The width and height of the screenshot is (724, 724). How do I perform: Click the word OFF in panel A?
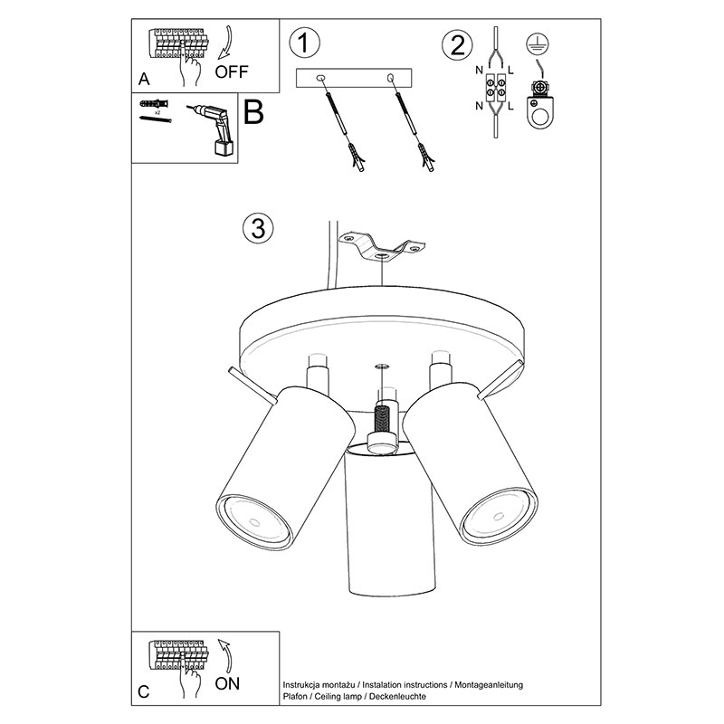coord(232,71)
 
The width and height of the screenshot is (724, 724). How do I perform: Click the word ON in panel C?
coord(227,683)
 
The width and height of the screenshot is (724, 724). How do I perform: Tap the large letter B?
coord(253,112)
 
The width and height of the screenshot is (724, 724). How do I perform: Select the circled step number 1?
coord(305,43)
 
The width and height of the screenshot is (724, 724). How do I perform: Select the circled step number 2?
coord(458,45)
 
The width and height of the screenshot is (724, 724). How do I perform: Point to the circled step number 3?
coord(258,228)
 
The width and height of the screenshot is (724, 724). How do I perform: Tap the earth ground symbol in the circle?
coord(538,44)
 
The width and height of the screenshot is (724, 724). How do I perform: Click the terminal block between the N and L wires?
coord(495,88)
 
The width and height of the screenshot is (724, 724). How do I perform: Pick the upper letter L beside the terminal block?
coord(510,71)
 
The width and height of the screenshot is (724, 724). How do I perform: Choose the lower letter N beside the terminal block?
coord(480,106)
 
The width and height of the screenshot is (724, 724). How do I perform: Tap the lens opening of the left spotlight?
coord(254,522)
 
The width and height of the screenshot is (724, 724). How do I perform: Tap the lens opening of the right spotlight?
coord(500,516)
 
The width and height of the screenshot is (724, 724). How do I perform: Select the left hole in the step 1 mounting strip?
coord(321,79)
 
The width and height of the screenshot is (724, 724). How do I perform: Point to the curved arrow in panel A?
coord(225,43)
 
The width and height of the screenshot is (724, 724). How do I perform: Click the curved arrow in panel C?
coord(225,655)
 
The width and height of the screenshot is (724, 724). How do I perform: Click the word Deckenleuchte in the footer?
coord(397,696)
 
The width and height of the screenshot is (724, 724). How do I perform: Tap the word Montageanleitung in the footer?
coord(489,685)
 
